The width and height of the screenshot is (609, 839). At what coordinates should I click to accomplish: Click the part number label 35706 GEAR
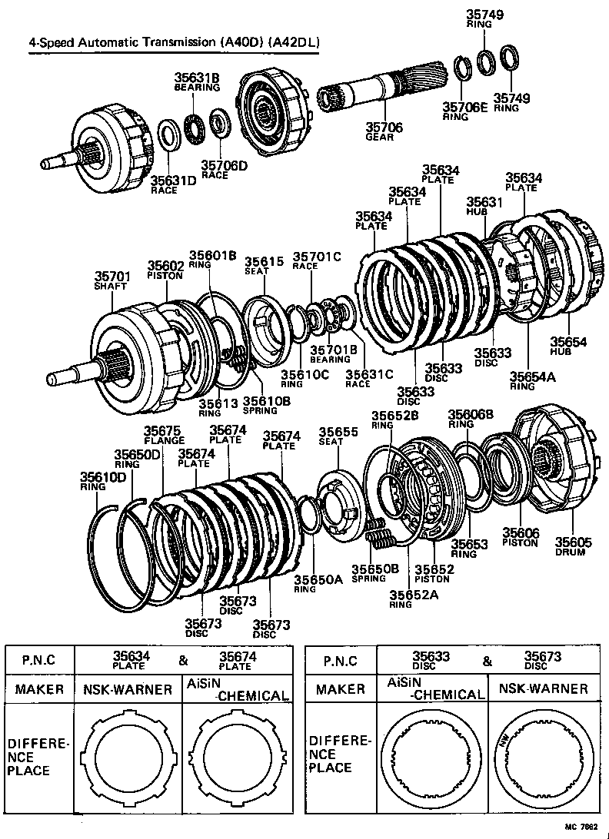383,131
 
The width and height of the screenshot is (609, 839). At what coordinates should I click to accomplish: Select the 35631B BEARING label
197,81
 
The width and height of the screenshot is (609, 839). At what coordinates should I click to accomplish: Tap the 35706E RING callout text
464,111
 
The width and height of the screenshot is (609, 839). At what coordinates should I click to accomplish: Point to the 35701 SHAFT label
113,280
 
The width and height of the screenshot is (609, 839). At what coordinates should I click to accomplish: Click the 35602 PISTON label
165,270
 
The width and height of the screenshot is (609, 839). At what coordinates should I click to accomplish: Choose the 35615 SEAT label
263,265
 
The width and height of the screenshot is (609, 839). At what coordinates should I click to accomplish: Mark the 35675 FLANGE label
164,435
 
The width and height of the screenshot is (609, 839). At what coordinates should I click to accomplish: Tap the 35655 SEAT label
338,437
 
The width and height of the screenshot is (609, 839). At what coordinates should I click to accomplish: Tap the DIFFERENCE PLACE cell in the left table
38,758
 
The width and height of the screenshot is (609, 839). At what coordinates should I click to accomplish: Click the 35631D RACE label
164,184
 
